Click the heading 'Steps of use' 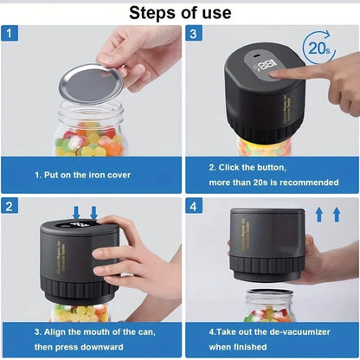coord(180,12)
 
